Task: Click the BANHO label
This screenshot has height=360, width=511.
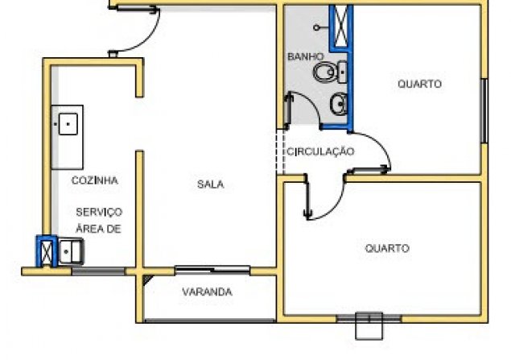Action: click(306, 56)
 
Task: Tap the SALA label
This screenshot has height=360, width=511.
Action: click(211, 184)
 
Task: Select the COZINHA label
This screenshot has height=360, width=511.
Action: click(94, 180)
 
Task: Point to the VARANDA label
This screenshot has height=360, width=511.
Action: click(207, 292)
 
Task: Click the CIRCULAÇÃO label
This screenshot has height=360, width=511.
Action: click(320, 151)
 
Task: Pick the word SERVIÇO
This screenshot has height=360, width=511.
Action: click(99, 213)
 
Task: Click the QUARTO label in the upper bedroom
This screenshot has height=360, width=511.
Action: click(420, 84)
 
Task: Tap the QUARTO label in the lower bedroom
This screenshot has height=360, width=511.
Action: click(387, 248)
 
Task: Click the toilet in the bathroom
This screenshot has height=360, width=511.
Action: click(330, 72)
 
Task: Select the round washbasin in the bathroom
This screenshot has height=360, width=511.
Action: click(339, 104)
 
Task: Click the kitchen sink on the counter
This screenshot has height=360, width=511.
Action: click(68, 124)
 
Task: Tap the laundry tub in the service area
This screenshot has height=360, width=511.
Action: click(70, 251)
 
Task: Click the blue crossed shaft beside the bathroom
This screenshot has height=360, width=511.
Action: click(341, 27)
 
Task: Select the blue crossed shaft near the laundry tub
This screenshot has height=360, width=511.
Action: click(47, 251)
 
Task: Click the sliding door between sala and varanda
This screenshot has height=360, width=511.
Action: click(212, 270)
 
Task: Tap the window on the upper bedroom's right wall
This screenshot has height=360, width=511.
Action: click(484, 111)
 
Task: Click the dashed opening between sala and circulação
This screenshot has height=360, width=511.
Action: click(281, 151)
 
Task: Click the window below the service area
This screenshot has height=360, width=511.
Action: click(98, 271)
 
